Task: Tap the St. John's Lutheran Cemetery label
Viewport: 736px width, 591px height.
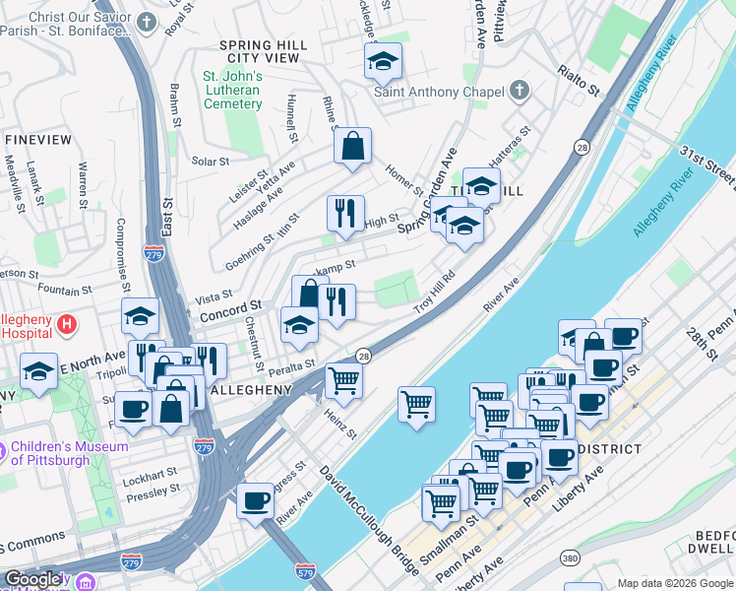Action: [232, 91]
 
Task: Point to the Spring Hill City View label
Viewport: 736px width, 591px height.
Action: [259, 51]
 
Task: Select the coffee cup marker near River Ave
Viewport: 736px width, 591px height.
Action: [256, 500]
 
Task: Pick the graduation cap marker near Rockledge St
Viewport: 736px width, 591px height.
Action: [383, 62]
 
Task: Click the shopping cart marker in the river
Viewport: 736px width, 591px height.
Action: [417, 403]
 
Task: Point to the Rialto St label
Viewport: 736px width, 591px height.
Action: [579, 80]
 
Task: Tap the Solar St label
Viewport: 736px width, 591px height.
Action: [211, 161]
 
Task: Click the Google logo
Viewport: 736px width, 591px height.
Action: [34, 579]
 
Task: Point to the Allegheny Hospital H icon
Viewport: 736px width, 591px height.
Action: [67, 323]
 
